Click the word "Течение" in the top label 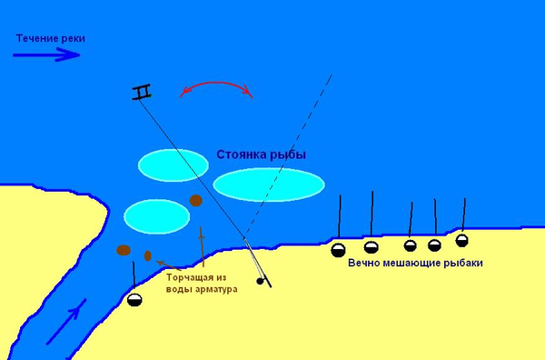coord(35,38)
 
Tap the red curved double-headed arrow coord(216,88)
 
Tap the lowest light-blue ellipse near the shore coord(156,215)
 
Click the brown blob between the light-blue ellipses coord(195,200)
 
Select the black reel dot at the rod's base coord(261,281)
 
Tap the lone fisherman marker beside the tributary coord(135,301)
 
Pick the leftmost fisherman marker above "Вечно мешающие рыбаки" coord(339,250)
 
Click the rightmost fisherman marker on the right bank coord(461,240)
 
